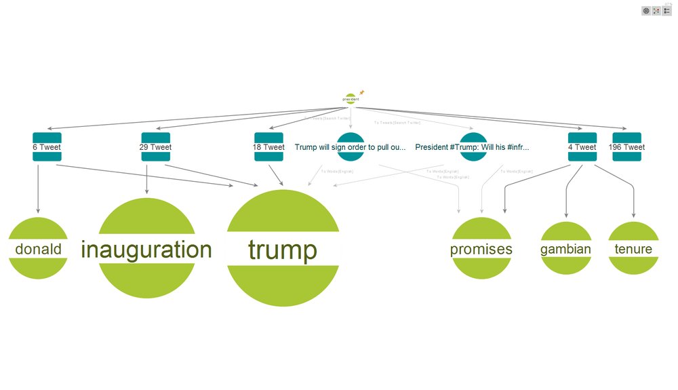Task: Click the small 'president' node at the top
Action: tap(350, 99)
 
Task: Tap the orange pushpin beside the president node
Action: tap(362, 92)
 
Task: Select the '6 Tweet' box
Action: tap(47, 147)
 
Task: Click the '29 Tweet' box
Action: tap(155, 147)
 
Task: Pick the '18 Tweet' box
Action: tap(268, 147)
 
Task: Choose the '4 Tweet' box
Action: tap(582, 147)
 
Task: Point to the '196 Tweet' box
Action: tap(626, 147)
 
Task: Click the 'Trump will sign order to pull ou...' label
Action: tap(351, 147)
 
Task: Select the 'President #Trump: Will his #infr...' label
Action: tap(472, 147)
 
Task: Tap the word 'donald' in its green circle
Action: tap(38, 250)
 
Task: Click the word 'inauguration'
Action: tap(146, 250)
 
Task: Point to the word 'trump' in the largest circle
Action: tap(282, 250)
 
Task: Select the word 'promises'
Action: tap(481, 250)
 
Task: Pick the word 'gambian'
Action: tap(565, 249)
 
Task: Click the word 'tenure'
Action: tap(633, 249)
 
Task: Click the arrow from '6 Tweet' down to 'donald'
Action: tap(38, 190)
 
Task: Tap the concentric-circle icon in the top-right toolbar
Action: tap(646, 11)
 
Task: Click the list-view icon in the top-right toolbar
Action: tap(667, 11)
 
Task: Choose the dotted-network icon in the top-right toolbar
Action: tap(656, 11)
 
